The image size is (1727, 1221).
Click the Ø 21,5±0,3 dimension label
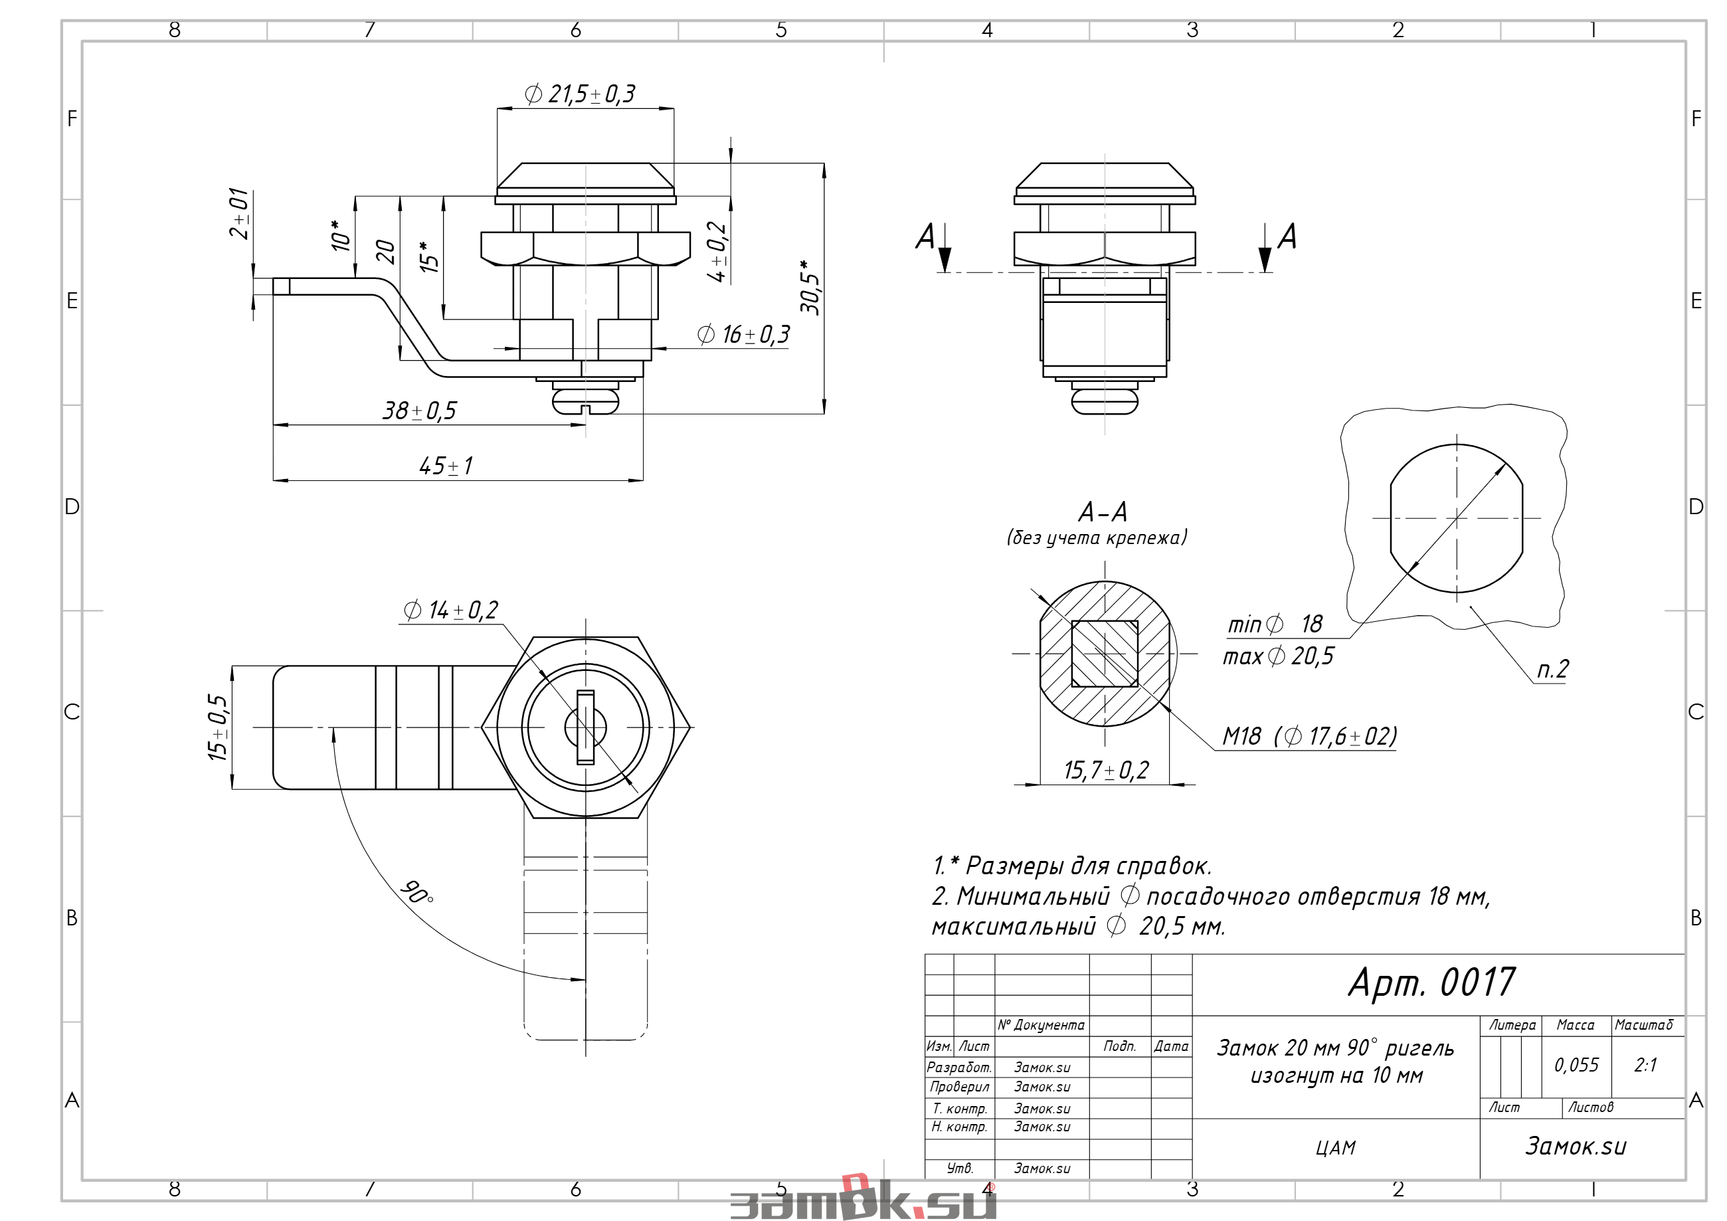coord(580,94)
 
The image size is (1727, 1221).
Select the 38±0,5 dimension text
coord(420,411)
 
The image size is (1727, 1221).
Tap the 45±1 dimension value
coord(446,466)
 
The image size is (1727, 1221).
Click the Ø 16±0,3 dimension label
coord(744,335)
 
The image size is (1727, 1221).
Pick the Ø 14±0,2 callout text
coord(451,610)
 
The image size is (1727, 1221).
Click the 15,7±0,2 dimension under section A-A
coord(1106,771)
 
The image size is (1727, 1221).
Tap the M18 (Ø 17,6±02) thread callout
coord(1310,736)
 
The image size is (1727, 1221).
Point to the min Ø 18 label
coord(1275,624)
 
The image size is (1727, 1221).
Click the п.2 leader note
coord(1552,669)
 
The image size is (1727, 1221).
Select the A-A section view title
coord(1103,512)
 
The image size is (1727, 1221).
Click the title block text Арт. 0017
coord(1432,983)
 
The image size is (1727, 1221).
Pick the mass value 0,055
coord(1577,1064)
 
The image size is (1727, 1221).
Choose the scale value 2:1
coord(1646,1064)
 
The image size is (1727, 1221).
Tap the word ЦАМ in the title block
coord(1336,1148)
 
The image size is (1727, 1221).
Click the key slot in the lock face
coord(585,727)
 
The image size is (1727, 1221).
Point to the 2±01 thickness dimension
coord(239,214)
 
